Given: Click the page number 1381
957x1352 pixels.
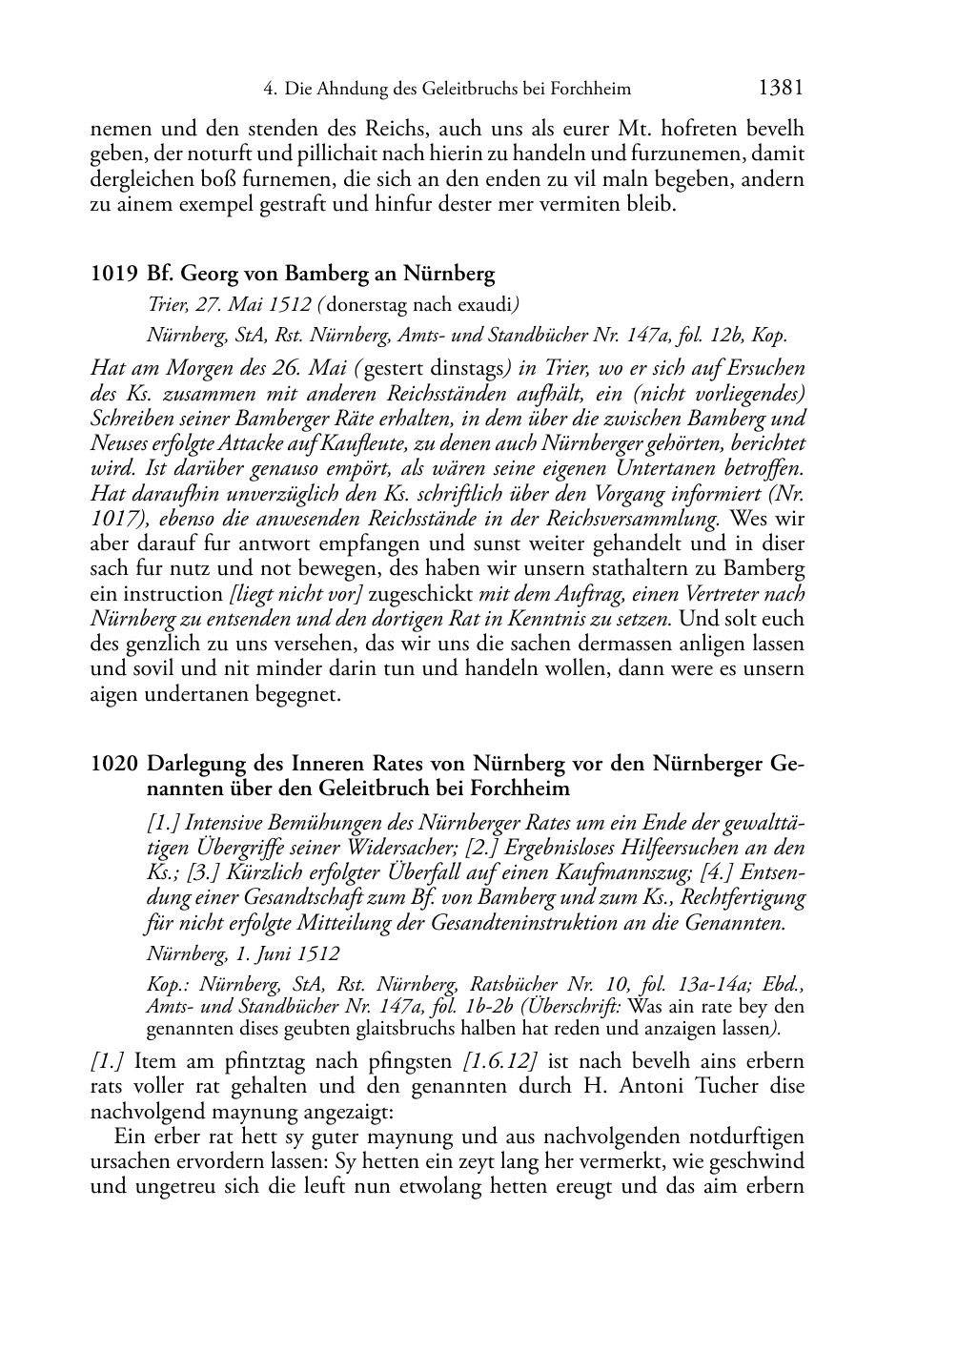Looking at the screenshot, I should tap(781, 89).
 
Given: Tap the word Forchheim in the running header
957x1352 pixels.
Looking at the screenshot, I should tap(595, 90).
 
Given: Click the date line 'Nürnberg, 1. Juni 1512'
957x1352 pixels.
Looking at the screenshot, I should tap(243, 953).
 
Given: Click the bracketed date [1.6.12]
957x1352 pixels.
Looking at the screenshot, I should tap(501, 1061).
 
